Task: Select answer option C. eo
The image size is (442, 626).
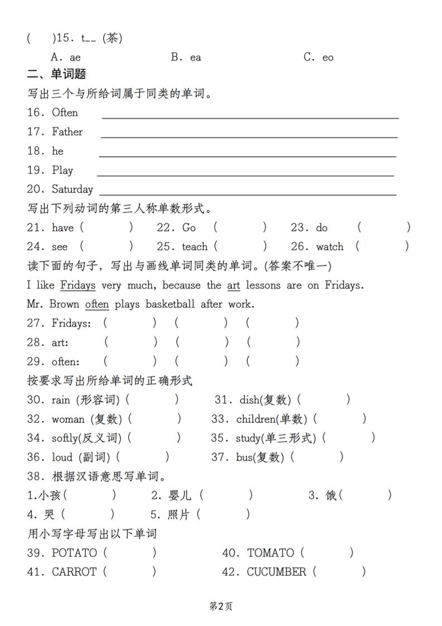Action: (x=318, y=57)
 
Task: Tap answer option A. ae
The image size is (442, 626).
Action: (x=65, y=57)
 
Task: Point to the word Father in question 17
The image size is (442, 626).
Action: (x=67, y=132)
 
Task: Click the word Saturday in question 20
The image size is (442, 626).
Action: (x=72, y=189)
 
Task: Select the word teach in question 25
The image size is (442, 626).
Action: (x=195, y=247)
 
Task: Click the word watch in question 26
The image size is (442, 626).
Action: (x=330, y=247)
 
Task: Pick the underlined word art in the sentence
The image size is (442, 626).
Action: (x=234, y=285)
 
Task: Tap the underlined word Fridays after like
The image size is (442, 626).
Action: (x=77, y=285)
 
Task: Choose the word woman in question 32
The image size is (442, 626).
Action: (x=68, y=419)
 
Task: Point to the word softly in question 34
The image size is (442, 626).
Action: (x=66, y=438)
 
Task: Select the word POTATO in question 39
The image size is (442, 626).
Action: (x=74, y=553)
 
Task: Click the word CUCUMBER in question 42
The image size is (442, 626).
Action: (x=276, y=572)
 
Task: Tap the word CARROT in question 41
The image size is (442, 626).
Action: (x=74, y=572)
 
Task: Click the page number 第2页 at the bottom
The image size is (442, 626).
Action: (x=221, y=606)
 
